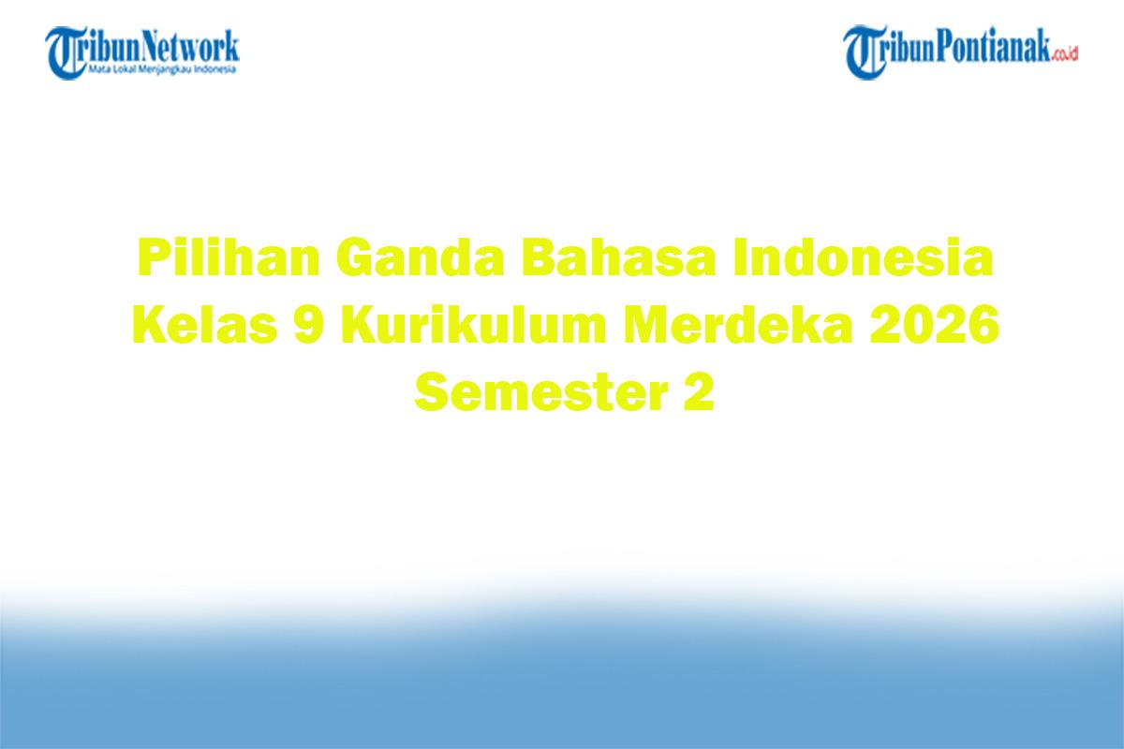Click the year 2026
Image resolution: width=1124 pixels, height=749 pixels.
[x=938, y=328]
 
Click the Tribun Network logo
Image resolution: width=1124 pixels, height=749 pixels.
[x=143, y=51]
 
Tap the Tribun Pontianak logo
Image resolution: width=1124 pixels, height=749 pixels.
[x=961, y=51]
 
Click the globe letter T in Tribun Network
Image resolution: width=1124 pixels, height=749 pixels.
[x=67, y=52]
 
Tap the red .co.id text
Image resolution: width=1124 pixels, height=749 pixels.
[x=1065, y=55]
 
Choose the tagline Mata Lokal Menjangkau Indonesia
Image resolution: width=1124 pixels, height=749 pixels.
[x=161, y=69]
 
